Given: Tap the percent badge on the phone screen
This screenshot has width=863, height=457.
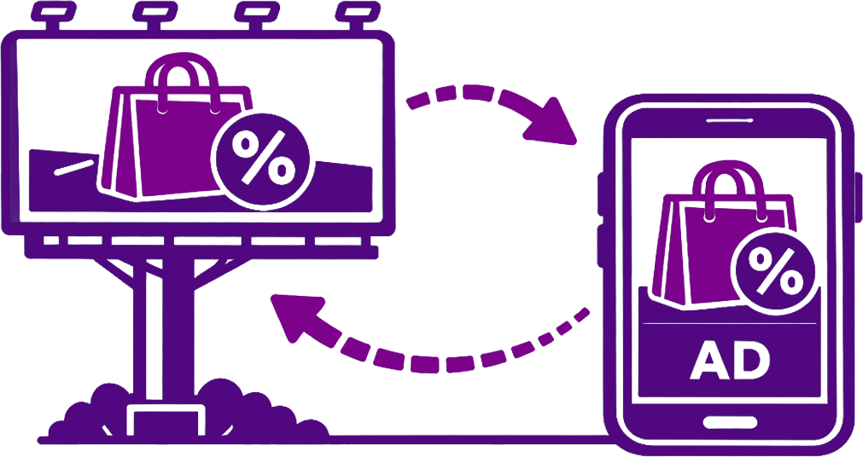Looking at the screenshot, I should [776, 271].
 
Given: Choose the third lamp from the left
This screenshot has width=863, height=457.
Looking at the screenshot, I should [254, 13].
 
